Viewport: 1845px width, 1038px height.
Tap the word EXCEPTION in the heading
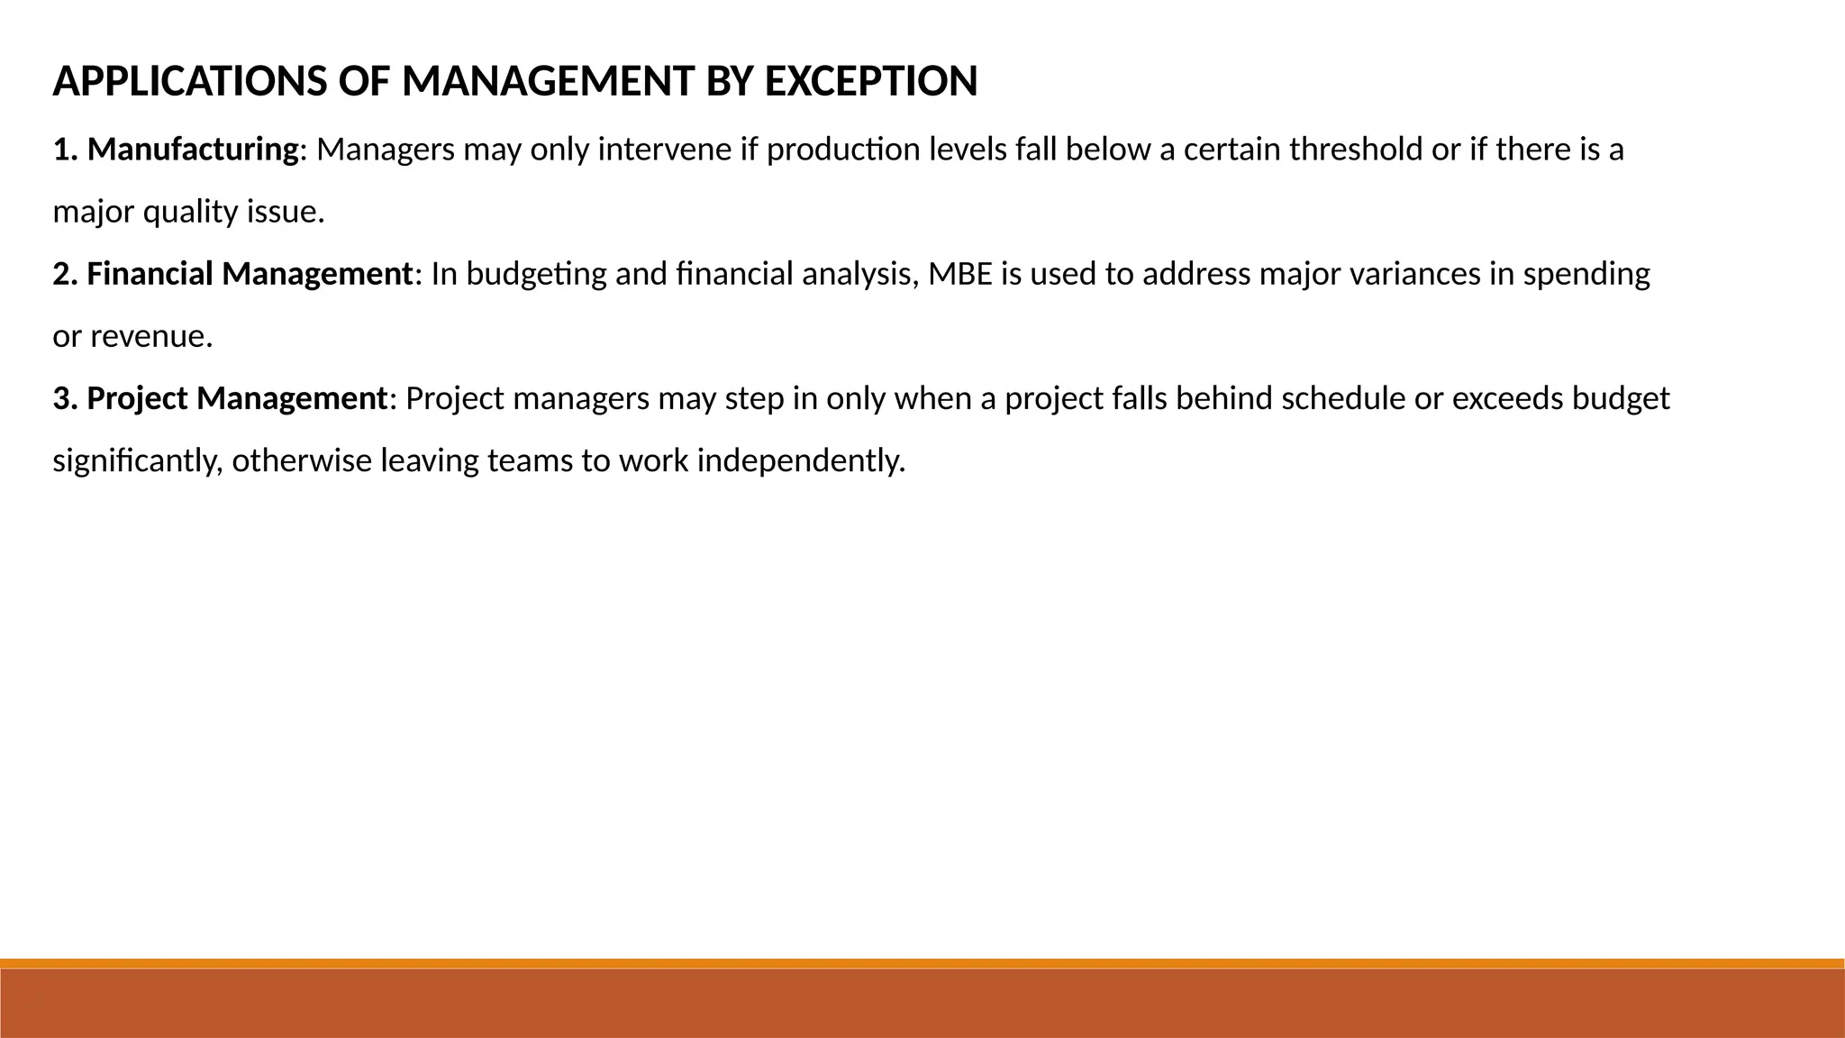tap(870, 82)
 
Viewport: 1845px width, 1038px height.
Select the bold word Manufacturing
tap(192, 150)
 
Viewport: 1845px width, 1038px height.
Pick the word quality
tap(189, 213)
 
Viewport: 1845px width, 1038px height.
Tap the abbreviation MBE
tap(960, 274)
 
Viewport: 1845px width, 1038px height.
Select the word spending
tap(1586, 274)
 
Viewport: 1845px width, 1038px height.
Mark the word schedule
tap(1343, 398)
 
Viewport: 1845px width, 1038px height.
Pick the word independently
tap(801, 461)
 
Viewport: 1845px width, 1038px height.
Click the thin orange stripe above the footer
tap(922, 963)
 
